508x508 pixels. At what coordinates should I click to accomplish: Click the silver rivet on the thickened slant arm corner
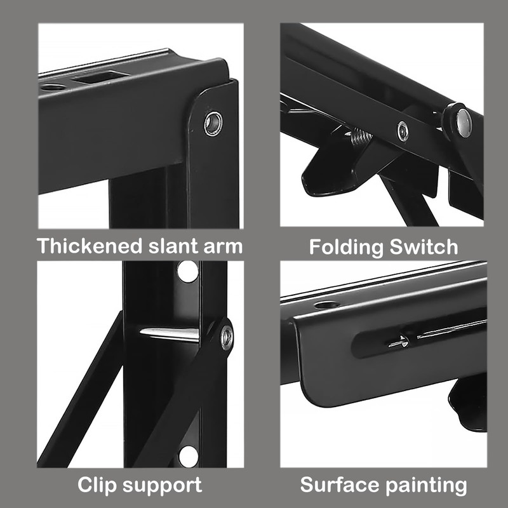[213, 123]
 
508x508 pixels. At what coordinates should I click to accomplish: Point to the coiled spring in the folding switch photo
[361, 137]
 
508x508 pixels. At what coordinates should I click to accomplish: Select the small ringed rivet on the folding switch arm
[403, 131]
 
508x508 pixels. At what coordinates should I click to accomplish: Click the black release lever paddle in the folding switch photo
[327, 175]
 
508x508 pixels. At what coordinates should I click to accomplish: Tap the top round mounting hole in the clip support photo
[188, 272]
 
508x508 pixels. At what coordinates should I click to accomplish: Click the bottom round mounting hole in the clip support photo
[189, 455]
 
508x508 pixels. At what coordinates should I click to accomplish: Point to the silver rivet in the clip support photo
[226, 337]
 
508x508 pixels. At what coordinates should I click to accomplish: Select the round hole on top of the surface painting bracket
[326, 305]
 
